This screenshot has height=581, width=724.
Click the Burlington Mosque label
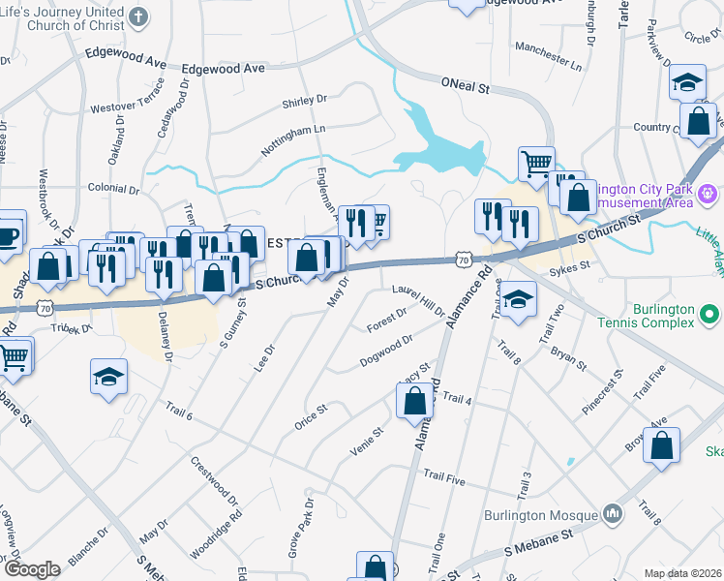click(x=549, y=512)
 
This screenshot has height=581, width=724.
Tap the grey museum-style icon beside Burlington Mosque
click(x=612, y=512)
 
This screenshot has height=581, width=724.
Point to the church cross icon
click(x=138, y=16)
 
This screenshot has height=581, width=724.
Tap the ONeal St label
click(x=467, y=85)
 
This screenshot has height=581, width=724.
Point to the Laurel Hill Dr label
click(x=418, y=300)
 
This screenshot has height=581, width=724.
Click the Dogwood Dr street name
click(x=386, y=351)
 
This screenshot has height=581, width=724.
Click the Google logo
click(x=32, y=570)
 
